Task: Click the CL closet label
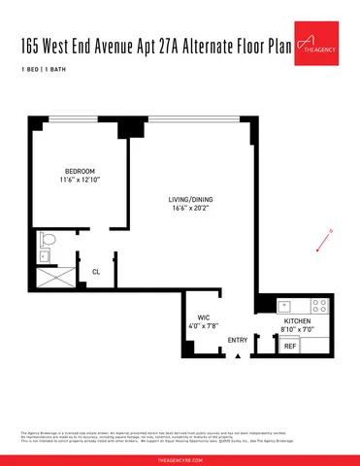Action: point(95,272)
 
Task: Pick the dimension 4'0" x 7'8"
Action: point(204,326)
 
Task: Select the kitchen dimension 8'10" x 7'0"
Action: point(297,329)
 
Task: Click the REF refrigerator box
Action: point(290,346)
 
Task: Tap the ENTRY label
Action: point(237,339)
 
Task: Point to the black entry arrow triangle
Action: point(237,356)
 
